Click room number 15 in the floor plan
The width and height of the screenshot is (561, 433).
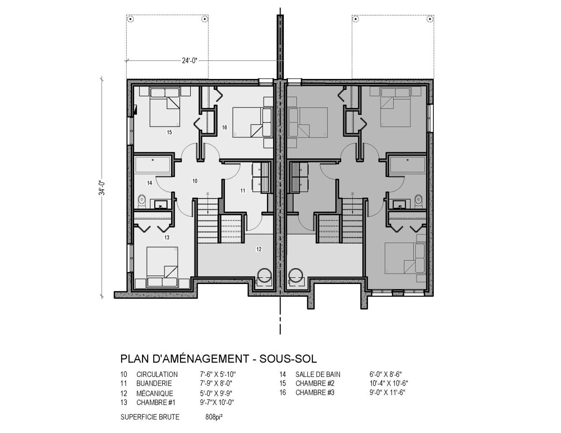click(x=169, y=132)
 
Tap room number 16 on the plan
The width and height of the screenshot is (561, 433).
click(x=224, y=128)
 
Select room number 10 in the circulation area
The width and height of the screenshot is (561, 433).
click(x=195, y=181)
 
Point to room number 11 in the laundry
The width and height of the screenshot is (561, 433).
click(x=243, y=191)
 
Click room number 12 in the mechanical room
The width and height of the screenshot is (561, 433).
click(x=259, y=249)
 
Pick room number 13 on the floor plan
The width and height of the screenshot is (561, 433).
click(x=167, y=237)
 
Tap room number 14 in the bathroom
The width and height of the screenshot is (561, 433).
click(x=150, y=183)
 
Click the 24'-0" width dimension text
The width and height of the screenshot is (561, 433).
click(x=189, y=61)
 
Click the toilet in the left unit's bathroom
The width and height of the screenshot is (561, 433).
click(x=142, y=201)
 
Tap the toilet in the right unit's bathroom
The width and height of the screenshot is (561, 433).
click(x=418, y=201)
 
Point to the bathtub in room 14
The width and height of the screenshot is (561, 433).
click(x=152, y=164)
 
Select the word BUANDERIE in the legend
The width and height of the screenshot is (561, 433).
click(x=154, y=383)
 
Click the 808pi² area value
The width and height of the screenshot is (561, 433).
click(x=214, y=417)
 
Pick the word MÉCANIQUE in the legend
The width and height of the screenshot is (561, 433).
click(x=155, y=393)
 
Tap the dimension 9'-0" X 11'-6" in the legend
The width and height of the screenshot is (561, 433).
click(x=387, y=392)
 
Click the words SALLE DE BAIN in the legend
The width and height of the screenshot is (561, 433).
click(x=318, y=374)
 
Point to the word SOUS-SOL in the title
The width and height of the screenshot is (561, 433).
click(x=288, y=359)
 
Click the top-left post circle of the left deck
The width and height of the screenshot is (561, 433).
click(x=130, y=19)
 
